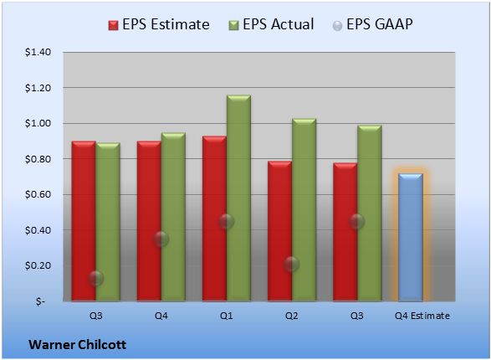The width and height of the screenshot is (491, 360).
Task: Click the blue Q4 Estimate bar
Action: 411,237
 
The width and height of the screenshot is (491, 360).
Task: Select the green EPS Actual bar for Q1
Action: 238,198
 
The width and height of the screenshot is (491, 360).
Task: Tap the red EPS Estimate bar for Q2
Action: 279,231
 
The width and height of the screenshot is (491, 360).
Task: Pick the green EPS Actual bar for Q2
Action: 304,210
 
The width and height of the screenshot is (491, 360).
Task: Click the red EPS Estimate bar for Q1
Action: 214,219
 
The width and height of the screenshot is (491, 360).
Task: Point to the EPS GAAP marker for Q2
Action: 292,264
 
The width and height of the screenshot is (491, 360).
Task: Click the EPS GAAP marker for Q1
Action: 226,222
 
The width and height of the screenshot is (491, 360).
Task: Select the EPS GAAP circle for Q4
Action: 161,239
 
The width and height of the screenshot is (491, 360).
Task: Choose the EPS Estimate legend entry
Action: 159,24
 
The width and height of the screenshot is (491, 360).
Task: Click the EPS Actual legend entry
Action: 271,24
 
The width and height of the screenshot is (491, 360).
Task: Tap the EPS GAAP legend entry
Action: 372,24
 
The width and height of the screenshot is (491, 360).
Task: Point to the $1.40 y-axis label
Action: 38,52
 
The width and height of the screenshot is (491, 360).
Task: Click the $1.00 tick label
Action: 38,123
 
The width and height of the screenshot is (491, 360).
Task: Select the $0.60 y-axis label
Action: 38,194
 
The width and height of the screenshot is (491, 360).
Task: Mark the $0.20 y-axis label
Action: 38,265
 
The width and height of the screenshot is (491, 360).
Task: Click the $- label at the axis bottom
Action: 40,301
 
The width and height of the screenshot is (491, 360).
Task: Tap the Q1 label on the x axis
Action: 227,316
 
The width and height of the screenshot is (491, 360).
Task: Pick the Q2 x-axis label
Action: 292,316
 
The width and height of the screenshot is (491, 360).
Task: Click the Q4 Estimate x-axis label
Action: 422,316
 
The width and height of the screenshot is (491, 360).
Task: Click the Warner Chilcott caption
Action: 77,345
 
